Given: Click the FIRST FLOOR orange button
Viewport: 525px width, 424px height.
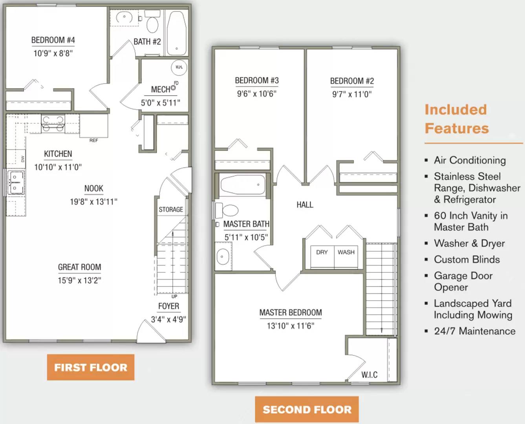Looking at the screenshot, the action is click(x=91, y=367).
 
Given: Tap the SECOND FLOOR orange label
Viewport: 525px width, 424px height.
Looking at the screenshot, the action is click(x=307, y=409).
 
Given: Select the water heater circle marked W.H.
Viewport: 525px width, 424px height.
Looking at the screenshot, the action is click(x=179, y=68).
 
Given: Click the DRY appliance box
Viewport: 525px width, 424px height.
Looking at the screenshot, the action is click(x=322, y=256).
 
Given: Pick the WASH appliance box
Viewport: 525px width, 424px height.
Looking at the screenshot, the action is click(x=346, y=256).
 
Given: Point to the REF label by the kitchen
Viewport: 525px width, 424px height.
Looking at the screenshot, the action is click(x=94, y=141).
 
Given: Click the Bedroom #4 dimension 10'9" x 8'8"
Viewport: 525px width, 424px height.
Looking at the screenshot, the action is click(x=53, y=53).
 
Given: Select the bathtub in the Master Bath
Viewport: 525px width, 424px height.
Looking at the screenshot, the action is click(x=243, y=185).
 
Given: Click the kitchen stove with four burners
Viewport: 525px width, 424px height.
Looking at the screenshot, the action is click(x=53, y=124).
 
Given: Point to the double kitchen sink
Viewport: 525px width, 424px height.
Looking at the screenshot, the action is click(x=16, y=183).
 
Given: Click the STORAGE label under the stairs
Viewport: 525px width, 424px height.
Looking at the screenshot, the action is click(x=171, y=209).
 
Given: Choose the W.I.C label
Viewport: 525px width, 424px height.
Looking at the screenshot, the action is click(x=370, y=375).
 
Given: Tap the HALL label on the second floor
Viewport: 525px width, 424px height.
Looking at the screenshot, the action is click(x=305, y=205).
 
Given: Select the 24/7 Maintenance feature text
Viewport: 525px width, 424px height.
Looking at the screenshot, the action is click(x=474, y=331).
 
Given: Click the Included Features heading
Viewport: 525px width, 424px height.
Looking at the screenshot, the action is click(x=457, y=119).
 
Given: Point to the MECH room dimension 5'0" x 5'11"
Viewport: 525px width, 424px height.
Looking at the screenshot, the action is click(x=161, y=103).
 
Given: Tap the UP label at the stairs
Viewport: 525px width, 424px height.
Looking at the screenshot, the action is click(x=174, y=296).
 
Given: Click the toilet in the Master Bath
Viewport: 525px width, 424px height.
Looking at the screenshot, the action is click(x=227, y=210).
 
